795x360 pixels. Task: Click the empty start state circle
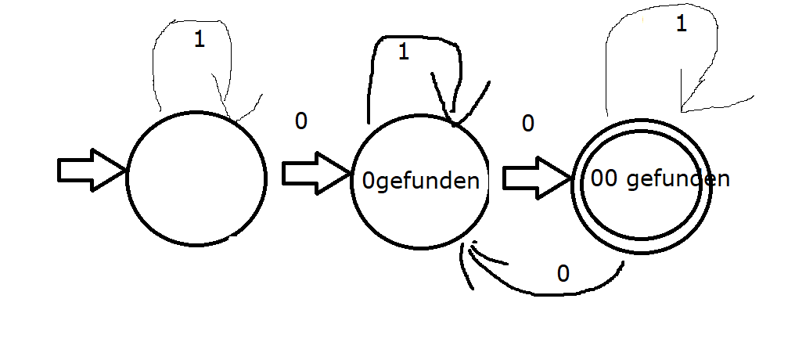pyautogui.click(x=196, y=177)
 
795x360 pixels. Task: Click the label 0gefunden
pyautogui.click(x=420, y=181)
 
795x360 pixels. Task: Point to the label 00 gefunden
pyautogui.click(x=660, y=179)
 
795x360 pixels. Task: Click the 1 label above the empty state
pyautogui.click(x=199, y=41)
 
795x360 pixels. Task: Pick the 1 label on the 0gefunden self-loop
pyautogui.click(x=404, y=52)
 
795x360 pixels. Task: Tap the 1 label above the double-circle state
pyautogui.click(x=680, y=24)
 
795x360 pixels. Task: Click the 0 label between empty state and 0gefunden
pyautogui.click(x=300, y=121)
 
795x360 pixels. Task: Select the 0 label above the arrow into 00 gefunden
pyautogui.click(x=528, y=123)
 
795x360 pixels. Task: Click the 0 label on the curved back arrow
pyautogui.click(x=563, y=273)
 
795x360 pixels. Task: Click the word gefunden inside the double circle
pyautogui.click(x=678, y=179)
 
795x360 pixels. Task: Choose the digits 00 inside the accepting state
pyautogui.click(x=605, y=179)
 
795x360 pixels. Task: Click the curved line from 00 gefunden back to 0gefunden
pyautogui.click(x=548, y=293)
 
